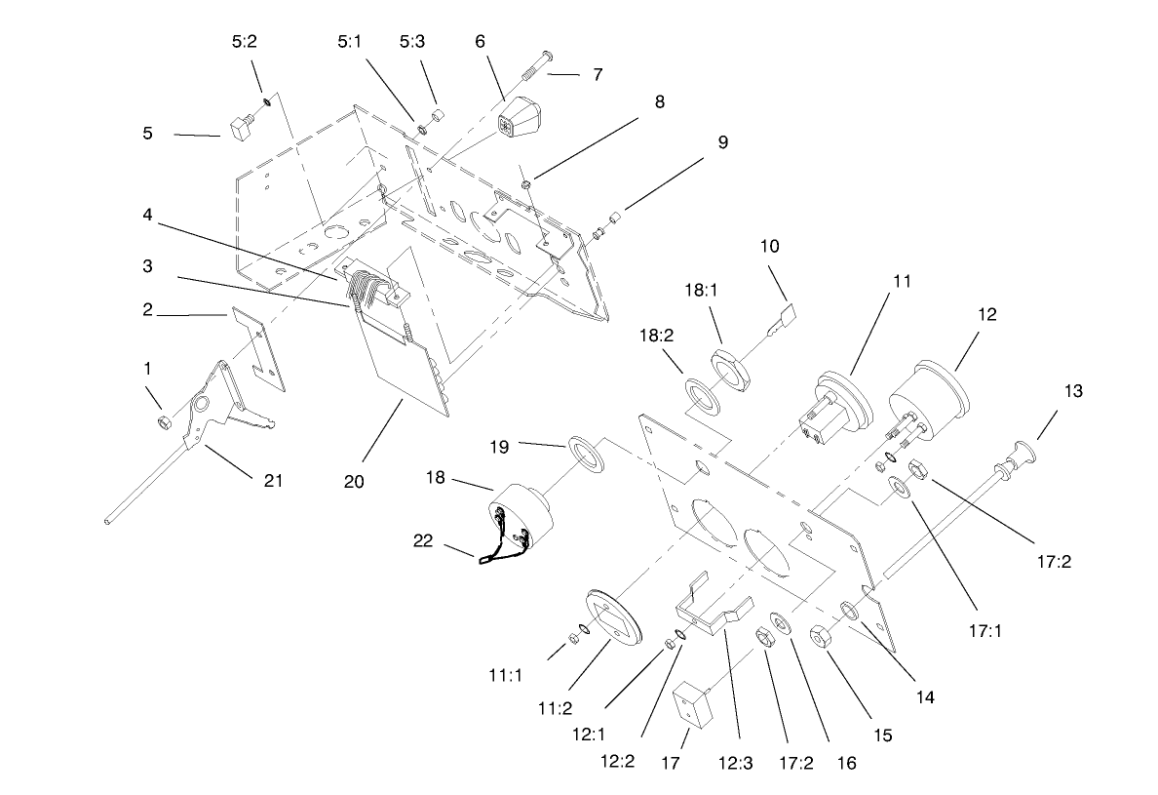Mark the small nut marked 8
[x=525, y=182]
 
